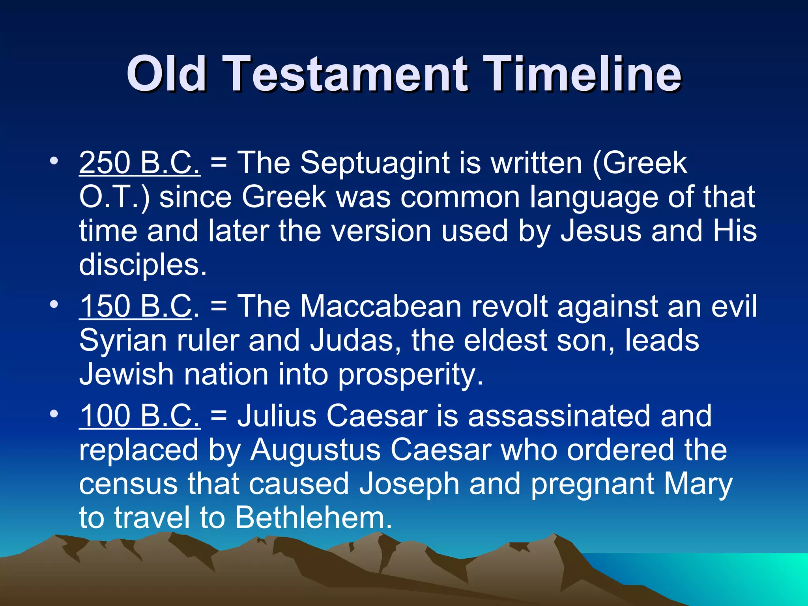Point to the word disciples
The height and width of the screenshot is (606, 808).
point(143,264)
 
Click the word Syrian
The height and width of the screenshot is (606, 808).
point(123,340)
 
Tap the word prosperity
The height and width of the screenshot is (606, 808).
point(410,375)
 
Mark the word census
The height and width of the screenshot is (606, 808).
point(128,484)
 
